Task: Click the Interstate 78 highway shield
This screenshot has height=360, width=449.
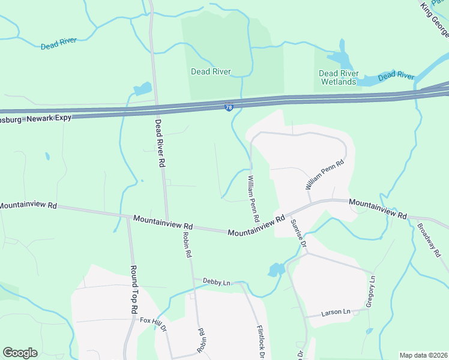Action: tap(229, 107)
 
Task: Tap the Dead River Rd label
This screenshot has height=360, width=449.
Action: tap(160, 142)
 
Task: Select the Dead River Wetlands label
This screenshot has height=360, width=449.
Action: tap(339, 77)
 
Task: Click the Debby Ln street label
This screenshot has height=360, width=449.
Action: tap(217, 282)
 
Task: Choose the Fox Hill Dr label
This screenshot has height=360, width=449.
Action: tap(153, 321)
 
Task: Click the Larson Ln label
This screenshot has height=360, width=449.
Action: tap(336, 313)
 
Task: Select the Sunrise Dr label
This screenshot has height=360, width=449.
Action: tap(299, 234)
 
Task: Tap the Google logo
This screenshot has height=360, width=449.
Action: tap(20, 353)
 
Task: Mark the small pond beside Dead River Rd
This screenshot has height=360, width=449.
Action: tap(143, 89)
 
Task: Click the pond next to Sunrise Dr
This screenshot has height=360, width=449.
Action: tap(276, 269)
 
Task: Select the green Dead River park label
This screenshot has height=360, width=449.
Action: tap(211, 71)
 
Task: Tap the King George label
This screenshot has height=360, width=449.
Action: tap(435, 17)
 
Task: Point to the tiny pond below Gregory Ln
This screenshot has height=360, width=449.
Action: tap(369, 331)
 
